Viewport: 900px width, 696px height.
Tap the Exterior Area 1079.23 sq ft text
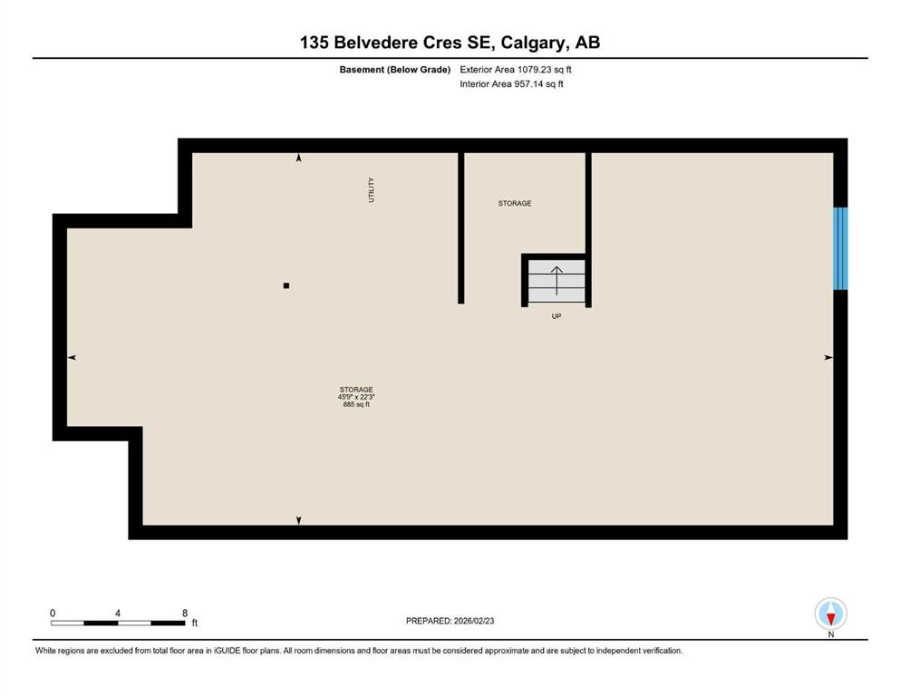click(x=516, y=69)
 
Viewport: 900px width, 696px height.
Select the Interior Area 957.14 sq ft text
click(x=512, y=84)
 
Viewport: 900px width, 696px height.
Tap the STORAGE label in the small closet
click(x=515, y=204)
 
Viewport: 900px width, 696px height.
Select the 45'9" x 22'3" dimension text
click(x=356, y=397)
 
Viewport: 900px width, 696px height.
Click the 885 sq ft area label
click(x=356, y=405)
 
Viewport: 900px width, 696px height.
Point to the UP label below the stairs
click(x=556, y=317)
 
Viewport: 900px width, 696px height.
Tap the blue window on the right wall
click(x=840, y=248)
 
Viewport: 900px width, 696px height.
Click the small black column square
click(x=286, y=285)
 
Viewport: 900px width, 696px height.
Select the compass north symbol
click(x=831, y=614)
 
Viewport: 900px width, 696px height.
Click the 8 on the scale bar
click(x=185, y=613)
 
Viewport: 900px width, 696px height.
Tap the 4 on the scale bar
click(x=118, y=613)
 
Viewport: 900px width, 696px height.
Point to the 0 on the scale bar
click(x=53, y=613)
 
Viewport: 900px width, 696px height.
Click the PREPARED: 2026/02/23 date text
click(x=450, y=621)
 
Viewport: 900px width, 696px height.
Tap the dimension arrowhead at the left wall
click(x=73, y=358)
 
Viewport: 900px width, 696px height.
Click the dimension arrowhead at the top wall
click(x=299, y=159)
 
